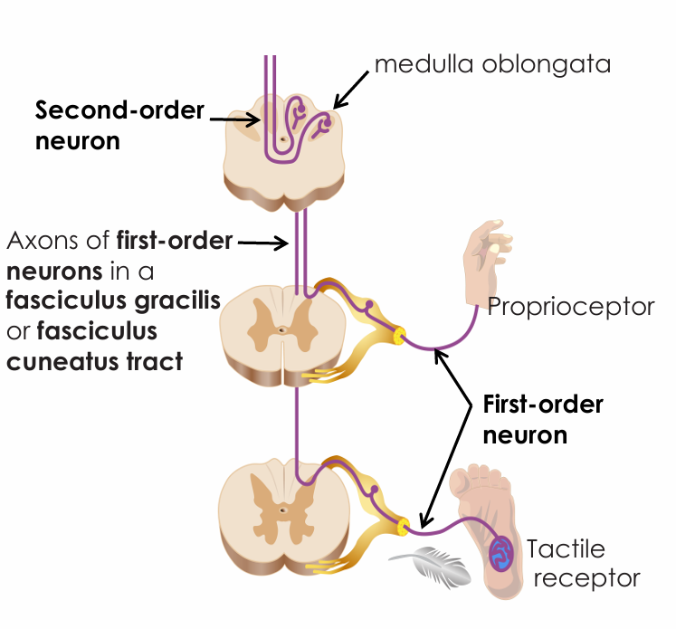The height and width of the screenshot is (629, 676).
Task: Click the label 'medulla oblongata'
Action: click(492, 64)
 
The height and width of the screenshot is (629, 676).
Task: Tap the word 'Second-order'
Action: click(119, 111)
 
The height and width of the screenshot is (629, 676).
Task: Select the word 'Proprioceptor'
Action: click(571, 307)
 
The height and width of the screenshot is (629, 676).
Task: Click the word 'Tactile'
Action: click(566, 549)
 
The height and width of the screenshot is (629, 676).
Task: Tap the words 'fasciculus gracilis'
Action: click(114, 301)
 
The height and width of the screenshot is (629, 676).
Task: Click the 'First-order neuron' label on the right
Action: click(541, 419)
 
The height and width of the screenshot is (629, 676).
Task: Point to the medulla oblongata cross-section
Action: click(285, 149)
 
